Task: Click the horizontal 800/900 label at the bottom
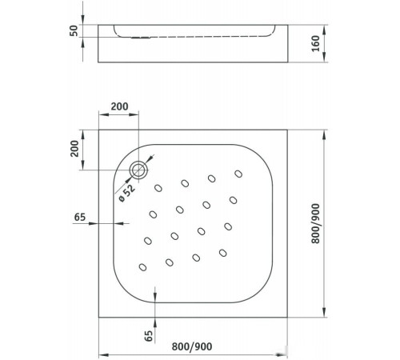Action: coord(194,347)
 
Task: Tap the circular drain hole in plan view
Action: coord(140,169)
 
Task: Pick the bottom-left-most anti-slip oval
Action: coord(143,267)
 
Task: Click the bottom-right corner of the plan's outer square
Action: coord(287,316)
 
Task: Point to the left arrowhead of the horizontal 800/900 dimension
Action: coord(102,354)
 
